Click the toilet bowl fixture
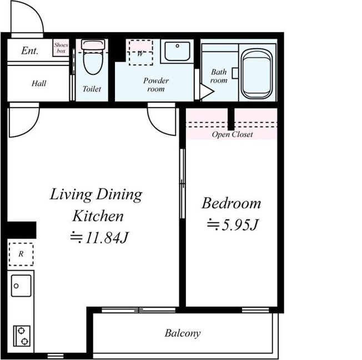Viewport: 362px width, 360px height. coord(93,57)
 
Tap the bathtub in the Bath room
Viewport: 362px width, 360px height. coord(257,74)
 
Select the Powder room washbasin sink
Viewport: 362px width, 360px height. coord(177,51)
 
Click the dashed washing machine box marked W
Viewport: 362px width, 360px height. coord(140,53)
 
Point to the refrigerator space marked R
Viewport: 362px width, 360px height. coord(21,254)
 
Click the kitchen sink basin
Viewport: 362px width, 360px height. coord(21,286)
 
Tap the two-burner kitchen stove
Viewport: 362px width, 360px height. coord(22,336)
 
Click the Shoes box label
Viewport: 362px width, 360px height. coord(61,48)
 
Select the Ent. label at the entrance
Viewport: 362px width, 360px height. coord(29,50)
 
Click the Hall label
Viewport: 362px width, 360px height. coord(39,83)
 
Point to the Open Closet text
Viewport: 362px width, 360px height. coord(232,134)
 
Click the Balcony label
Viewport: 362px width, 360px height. coord(182,333)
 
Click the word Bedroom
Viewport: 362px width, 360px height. coord(231,203)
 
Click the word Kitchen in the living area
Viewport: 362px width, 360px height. coord(98,216)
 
